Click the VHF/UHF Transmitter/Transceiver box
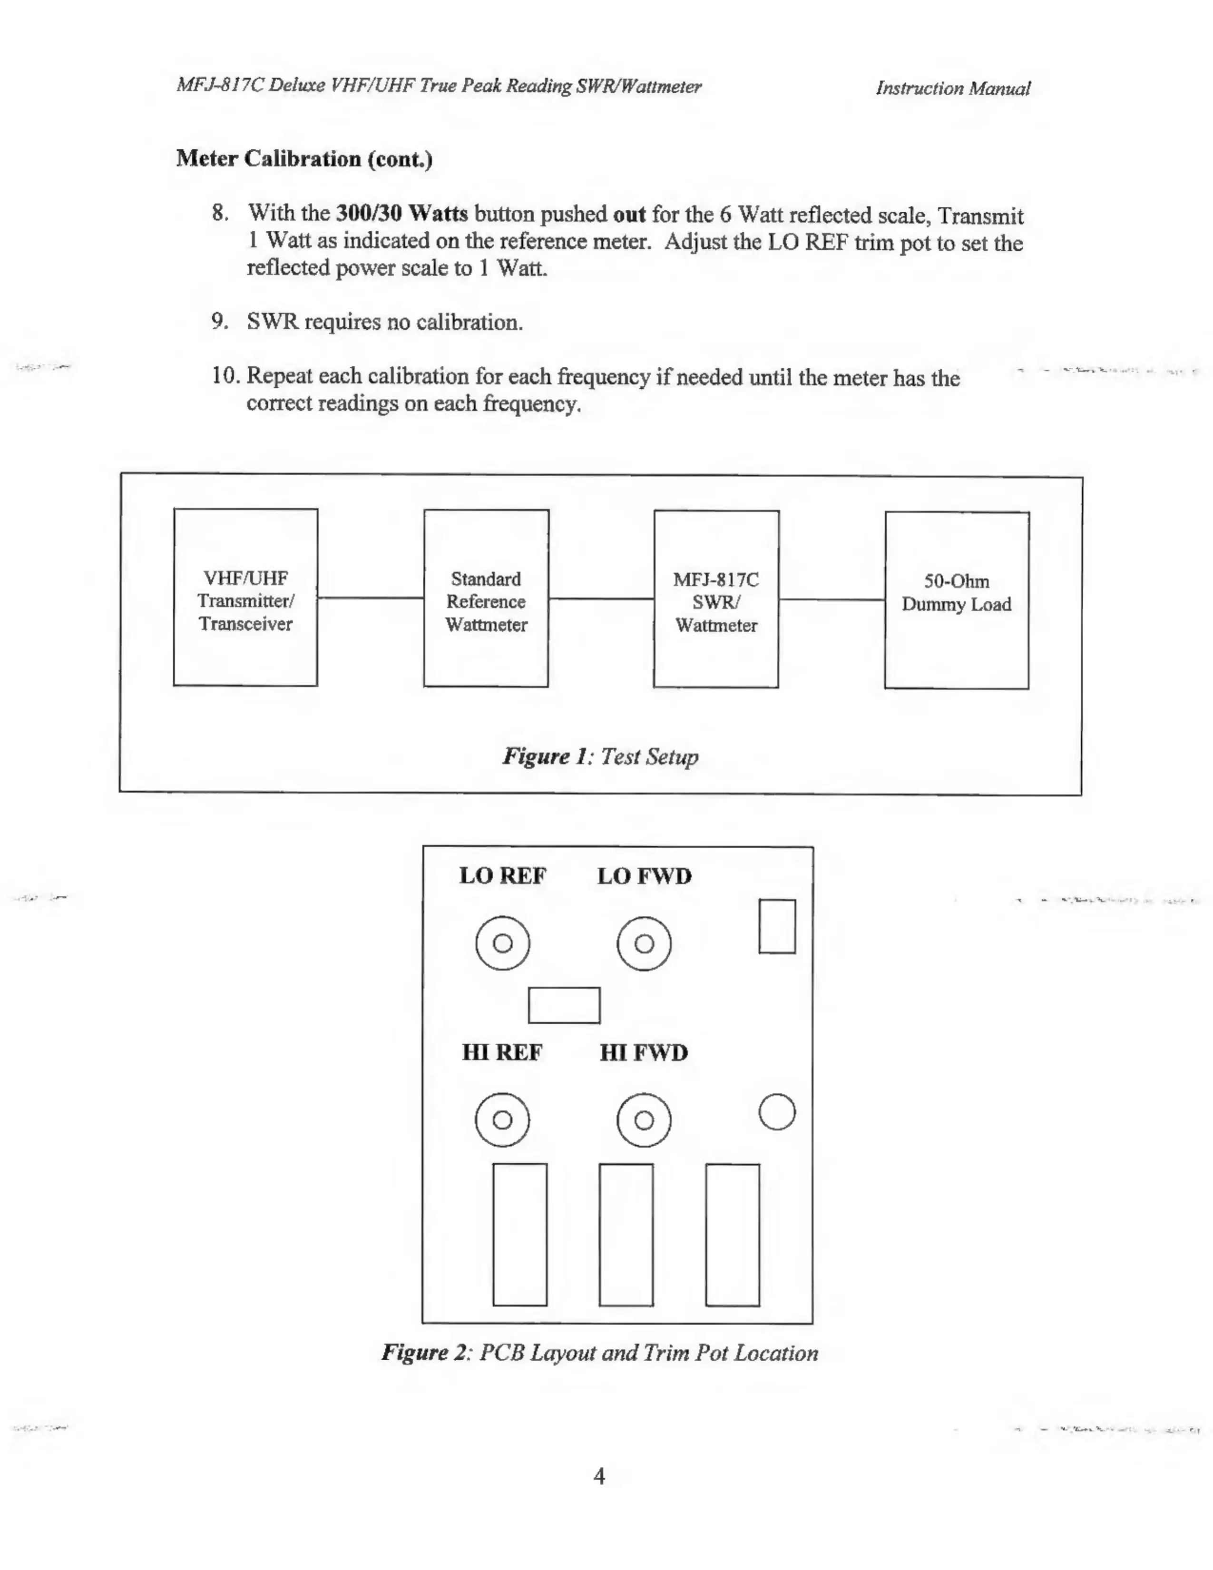[245, 598]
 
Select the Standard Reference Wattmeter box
[486, 598]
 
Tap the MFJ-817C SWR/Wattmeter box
[716, 599]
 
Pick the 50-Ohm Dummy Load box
[957, 600]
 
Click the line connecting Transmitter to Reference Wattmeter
[370, 598]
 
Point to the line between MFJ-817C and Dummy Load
[831, 599]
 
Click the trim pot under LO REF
[502, 943]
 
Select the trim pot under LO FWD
[644, 943]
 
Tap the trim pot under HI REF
[502, 1119]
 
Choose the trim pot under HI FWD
[644, 1119]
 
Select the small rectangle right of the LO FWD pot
[777, 926]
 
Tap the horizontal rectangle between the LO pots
[564, 1005]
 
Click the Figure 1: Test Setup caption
[600, 756]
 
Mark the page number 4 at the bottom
[599, 1476]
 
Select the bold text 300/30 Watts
[401, 214]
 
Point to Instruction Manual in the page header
[952, 88]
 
